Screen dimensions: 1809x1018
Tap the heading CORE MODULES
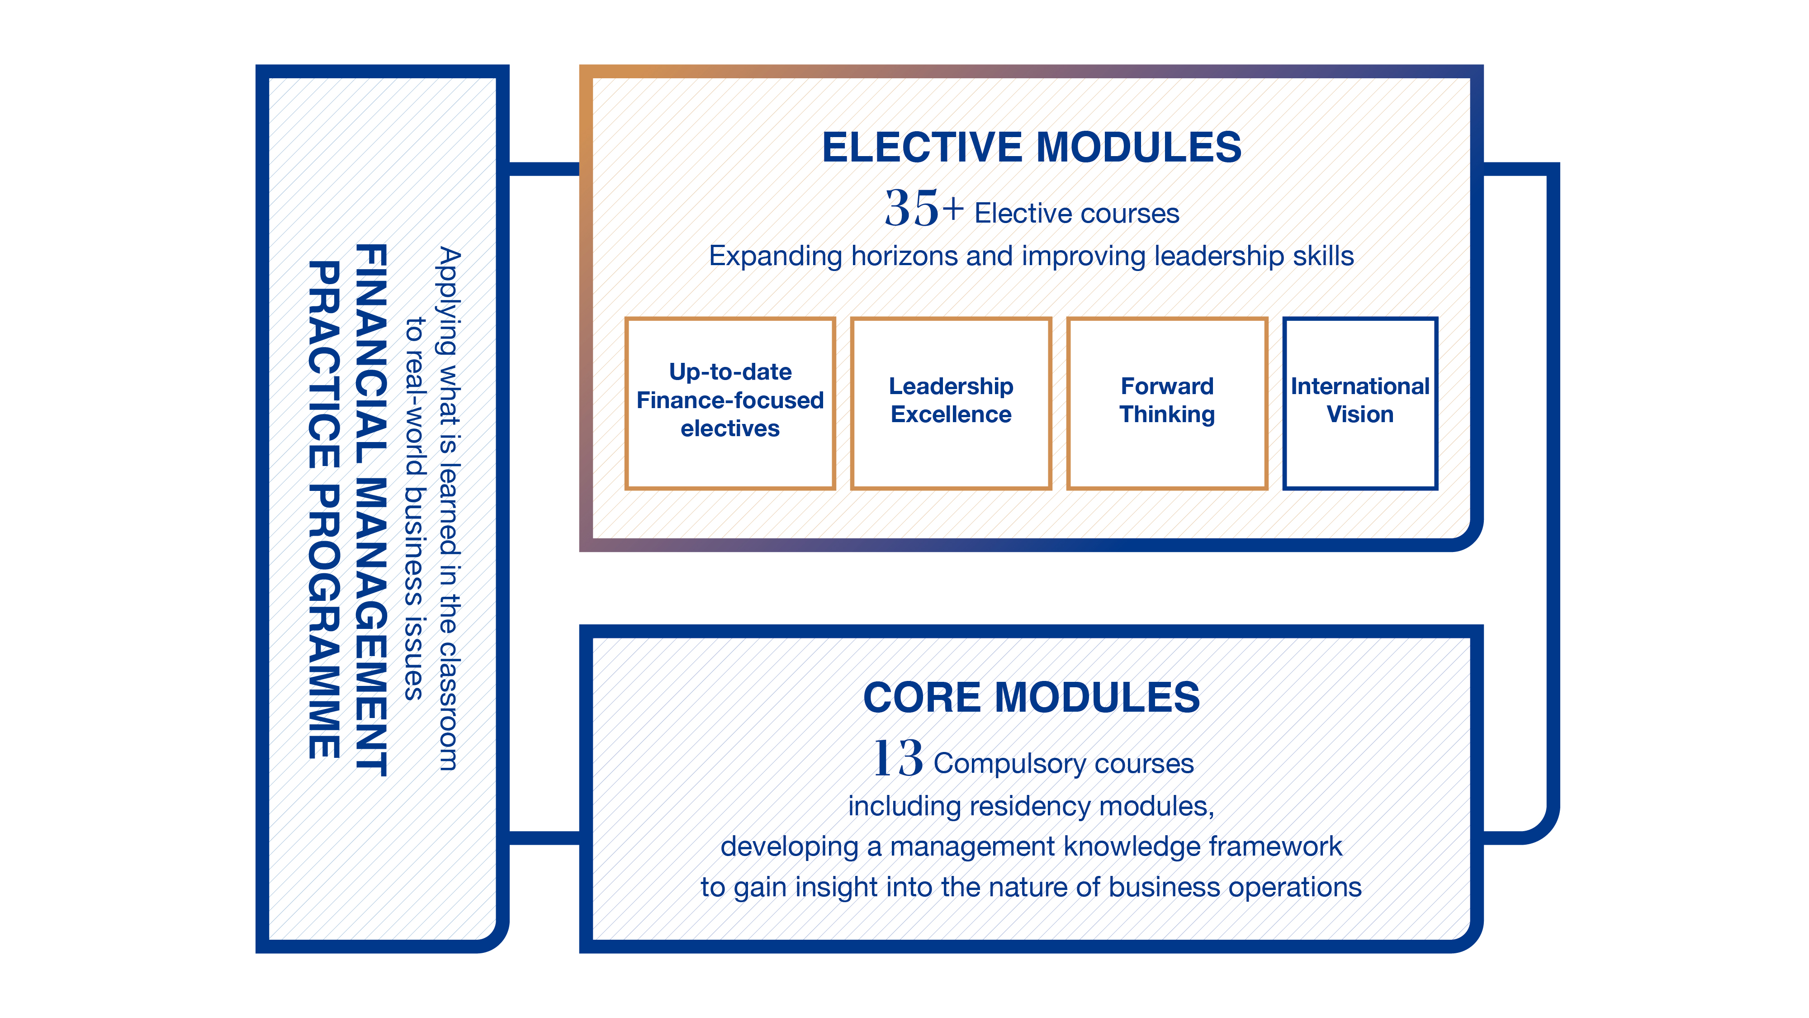pyautogui.click(x=1031, y=698)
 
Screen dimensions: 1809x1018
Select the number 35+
pyautogui.click(x=923, y=209)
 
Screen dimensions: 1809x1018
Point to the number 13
pyautogui.click(x=897, y=759)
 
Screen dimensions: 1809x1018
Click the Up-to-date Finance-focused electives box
pyautogui.click(x=729, y=403)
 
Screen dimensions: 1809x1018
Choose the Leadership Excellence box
pyautogui.click(x=951, y=403)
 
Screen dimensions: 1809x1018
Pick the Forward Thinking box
pyautogui.click(x=1166, y=403)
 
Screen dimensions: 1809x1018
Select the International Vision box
pyautogui.click(x=1359, y=403)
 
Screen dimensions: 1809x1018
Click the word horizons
pyautogui.click(x=904, y=257)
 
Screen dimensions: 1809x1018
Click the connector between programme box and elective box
pyautogui.click(x=544, y=169)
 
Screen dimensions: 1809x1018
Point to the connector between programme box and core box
pyautogui.click(x=544, y=837)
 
